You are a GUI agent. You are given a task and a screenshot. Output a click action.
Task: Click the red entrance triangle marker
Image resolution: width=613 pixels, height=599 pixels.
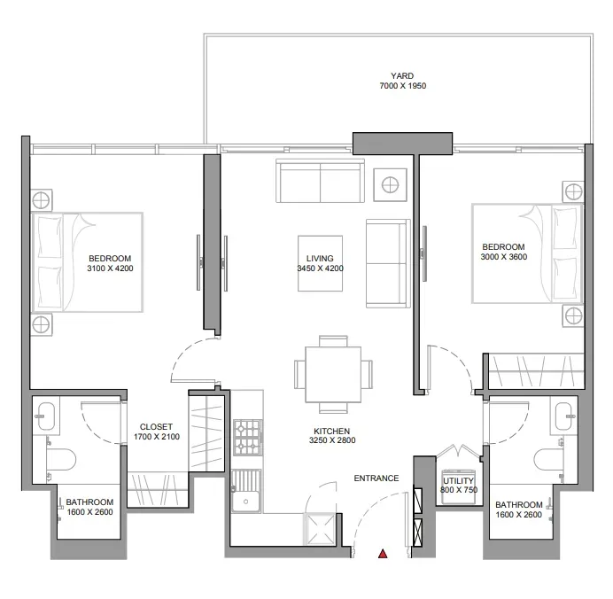tap(383, 553)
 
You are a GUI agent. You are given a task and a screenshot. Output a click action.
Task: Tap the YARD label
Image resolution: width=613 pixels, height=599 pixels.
tap(402, 76)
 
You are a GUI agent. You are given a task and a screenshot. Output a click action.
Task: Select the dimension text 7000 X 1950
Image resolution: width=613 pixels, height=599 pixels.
tap(403, 86)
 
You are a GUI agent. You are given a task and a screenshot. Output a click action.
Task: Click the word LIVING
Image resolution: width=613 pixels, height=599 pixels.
tap(320, 259)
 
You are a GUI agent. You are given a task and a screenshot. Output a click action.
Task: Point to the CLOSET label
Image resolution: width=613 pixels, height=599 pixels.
tap(156, 427)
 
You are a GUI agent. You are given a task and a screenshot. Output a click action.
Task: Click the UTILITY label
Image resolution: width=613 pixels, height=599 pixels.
tap(458, 480)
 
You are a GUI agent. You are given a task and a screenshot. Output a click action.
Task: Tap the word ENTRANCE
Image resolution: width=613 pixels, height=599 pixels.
tap(376, 478)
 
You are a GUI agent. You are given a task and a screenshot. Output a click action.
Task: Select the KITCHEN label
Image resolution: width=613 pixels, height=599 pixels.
tap(331, 431)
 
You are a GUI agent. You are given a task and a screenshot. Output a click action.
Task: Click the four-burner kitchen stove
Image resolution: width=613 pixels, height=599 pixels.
tap(247, 438)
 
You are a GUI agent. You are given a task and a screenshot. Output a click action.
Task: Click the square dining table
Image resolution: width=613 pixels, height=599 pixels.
tap(333, 374)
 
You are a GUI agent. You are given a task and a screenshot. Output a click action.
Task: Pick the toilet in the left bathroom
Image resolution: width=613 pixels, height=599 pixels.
tap(60, 459)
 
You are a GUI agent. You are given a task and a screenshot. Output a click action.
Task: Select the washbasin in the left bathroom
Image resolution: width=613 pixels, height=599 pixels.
tap(46, 416)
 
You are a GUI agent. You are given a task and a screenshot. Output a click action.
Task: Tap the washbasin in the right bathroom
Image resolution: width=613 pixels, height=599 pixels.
tap(564, 416)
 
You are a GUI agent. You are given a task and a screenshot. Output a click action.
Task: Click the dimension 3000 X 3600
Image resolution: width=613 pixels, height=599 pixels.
tap(503, 257)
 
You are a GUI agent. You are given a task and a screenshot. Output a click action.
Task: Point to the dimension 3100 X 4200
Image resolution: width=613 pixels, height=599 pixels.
tap(110, 268)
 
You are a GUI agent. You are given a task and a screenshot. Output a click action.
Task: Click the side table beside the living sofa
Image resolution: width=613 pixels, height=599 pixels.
tap(390, 185)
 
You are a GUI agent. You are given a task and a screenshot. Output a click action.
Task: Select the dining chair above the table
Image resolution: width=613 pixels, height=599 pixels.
tap(333, 341)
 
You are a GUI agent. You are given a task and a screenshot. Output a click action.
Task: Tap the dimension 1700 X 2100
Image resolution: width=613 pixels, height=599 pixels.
tap(157, 437)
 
